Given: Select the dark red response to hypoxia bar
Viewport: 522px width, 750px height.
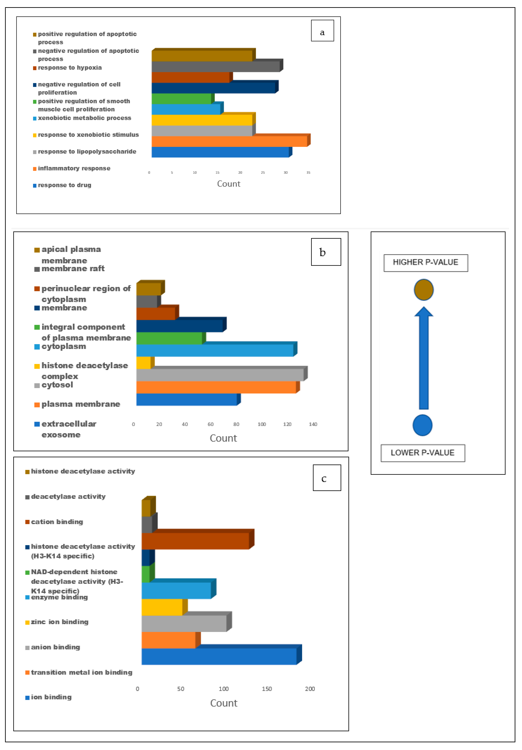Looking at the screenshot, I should [x=190, y=77].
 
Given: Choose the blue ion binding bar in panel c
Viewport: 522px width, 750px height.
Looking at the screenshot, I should [x=219, y=656].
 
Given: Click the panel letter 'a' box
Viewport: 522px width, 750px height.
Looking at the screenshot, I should [x=322, y=31].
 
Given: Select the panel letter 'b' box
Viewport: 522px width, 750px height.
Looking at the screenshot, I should [x=326, y=252].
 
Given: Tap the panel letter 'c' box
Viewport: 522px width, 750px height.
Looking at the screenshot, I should [x=327, y=478].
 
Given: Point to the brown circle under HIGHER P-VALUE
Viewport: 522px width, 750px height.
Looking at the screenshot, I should [x=423, y=290].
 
